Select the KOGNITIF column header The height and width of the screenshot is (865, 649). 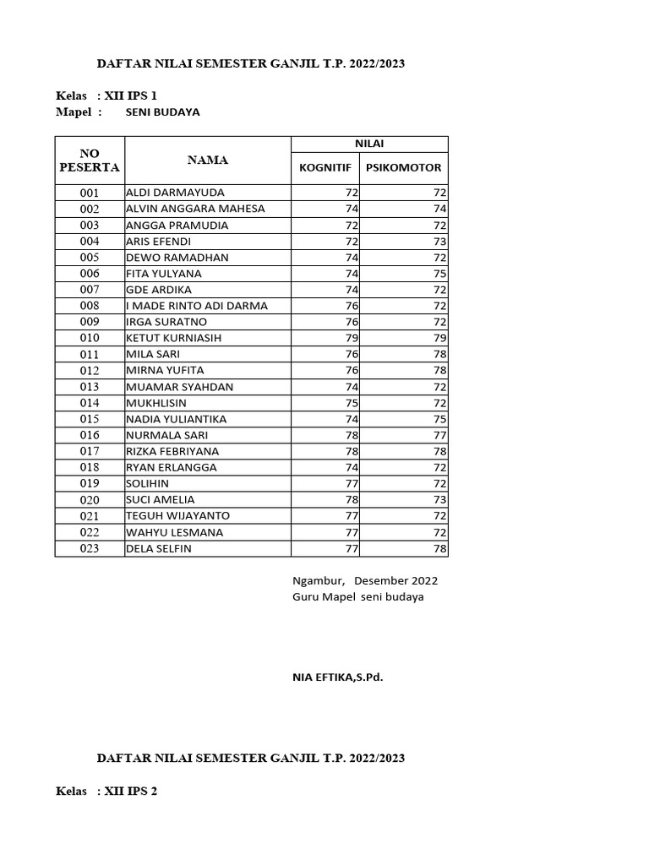(324, 167)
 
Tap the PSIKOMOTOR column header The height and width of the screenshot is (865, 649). (403, 167)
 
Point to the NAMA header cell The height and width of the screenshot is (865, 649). (208, 160)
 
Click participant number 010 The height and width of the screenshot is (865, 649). (90, 338)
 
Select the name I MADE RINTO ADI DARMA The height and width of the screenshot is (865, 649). (197, 306)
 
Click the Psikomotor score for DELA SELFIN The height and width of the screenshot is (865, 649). (439, 548)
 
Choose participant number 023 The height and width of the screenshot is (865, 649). (90, 548)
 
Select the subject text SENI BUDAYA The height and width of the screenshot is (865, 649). (163, 112)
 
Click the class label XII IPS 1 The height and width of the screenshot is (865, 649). (129, 95)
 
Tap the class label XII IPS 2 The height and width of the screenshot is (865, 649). (129, 792)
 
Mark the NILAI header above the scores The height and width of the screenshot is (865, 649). (369, 144)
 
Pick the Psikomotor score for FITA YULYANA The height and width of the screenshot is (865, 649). (439, 274)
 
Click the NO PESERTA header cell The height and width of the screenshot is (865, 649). (90, 160)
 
